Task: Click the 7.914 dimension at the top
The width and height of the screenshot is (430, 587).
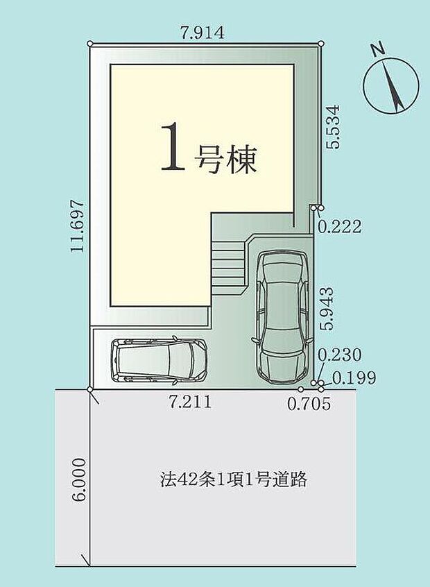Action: [202, 33]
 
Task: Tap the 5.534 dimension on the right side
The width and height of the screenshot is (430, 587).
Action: [334, 126]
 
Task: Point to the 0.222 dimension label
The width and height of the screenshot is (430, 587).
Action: [339, 227]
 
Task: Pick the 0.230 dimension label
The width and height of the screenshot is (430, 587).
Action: [339, 355]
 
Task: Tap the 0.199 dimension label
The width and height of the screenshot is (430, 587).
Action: [354, 378]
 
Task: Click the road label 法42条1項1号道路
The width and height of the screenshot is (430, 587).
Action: [231, 479]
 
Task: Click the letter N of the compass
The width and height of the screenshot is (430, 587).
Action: [377, 50]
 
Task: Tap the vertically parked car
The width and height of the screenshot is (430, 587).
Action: [282, 315]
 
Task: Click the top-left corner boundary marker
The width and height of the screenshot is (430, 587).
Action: [90, 44]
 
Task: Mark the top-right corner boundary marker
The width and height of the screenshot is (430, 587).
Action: [321, 44]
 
